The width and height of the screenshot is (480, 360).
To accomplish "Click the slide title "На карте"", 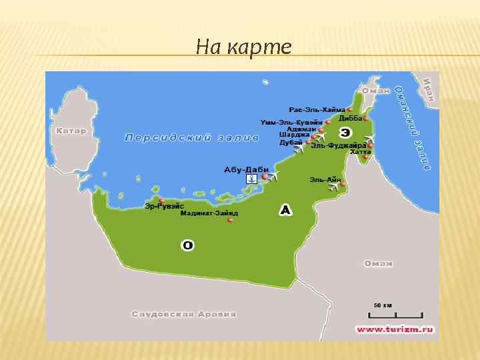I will (244, 47).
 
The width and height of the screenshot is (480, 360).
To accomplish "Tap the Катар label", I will (71, 131).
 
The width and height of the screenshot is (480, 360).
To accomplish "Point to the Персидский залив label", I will (191, 138).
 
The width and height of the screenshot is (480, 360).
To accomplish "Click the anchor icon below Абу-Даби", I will (251, 179).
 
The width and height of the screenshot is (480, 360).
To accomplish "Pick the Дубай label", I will (291, 143).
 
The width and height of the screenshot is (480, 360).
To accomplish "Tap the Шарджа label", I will (294, 135).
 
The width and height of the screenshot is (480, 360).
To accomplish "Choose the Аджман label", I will (301, 129).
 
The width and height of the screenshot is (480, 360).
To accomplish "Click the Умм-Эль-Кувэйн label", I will (291, 122).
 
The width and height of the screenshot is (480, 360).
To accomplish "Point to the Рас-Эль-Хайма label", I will (317, 109).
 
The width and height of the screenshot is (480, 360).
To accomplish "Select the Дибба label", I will (350, 118).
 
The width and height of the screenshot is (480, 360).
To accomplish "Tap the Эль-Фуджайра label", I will (338, 145).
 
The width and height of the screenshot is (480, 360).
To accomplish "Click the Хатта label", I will (360, 153).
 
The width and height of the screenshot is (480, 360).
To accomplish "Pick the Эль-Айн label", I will (325, 179).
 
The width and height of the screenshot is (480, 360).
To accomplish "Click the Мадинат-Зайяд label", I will (209, 213).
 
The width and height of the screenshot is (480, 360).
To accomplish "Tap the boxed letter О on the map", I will (188, 246).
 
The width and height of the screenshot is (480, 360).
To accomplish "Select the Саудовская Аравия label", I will (184, 313).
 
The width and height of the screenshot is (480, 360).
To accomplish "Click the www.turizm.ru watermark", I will (395, 329).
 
